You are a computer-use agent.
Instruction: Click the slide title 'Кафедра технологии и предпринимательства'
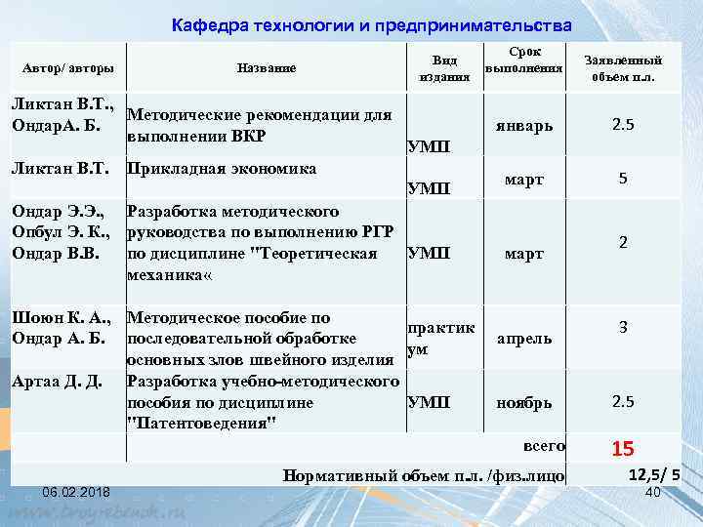pos(371,24)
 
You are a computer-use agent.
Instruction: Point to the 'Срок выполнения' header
pos(524,60)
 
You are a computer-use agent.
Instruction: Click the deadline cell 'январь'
pos(524,126)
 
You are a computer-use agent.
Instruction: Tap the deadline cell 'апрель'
pos(524,339)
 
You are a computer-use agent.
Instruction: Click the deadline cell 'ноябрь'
pos(524,401)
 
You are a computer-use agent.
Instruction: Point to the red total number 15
pos(623,450)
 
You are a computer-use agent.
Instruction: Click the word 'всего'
pos(545,446)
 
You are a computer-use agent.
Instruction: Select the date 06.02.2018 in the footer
pos(76,490)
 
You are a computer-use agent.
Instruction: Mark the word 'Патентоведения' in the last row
pos(202,422)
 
